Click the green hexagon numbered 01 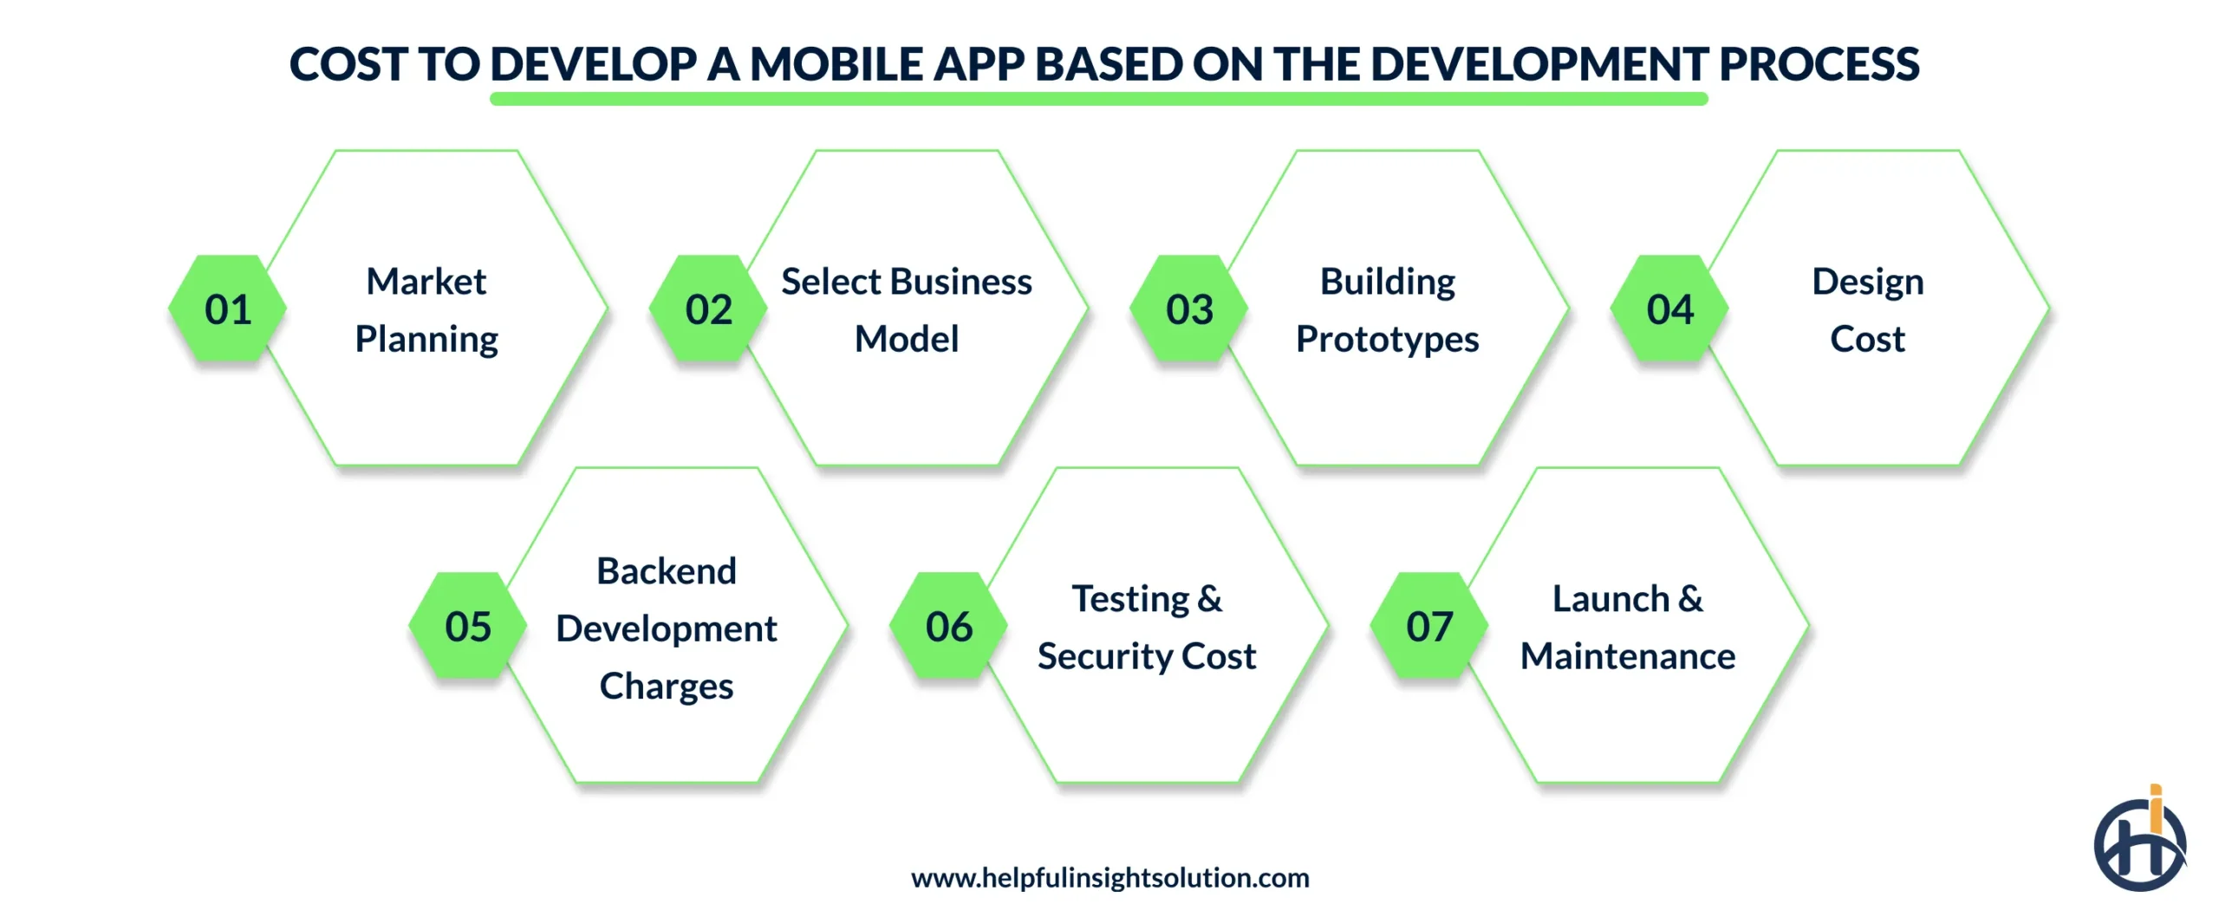[227, 309]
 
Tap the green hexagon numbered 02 [708, 309]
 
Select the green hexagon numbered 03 [1189, 309]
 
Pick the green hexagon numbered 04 [1669, 309]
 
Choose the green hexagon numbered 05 [468, 626]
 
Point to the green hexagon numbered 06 [948, 626]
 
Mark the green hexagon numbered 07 [1429, 626]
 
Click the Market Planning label [426, 310]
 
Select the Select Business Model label [907, 310]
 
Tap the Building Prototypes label [1387, 310]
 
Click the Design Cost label [1868, 310]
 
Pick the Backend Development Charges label [667, 628]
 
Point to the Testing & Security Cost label [1147, 628]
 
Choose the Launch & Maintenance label [1628, 628]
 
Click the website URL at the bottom [1109, 878]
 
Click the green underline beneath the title [1098, 100]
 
